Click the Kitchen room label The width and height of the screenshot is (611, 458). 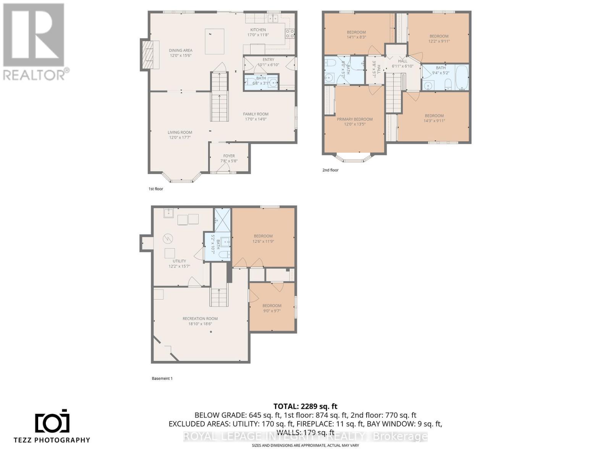point(258,30)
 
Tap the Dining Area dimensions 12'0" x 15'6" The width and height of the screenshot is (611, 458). point(181,55)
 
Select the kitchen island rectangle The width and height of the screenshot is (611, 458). point(215,41)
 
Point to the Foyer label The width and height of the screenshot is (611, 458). point(229,156)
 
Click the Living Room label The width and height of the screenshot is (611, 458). point(180,132)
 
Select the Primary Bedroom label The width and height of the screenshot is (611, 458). point(355,119)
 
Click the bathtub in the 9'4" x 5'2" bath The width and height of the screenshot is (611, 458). point(462,77)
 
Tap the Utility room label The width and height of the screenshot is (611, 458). point(179,261)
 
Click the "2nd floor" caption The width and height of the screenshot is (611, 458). point(330,170)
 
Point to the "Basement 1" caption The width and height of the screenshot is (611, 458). point(162,379)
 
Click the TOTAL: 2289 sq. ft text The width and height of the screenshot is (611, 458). point(305,406)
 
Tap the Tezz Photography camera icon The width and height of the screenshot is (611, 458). point(52,421)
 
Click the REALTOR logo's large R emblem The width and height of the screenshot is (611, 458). point(34,35)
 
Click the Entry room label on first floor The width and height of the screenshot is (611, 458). point(268,60)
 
